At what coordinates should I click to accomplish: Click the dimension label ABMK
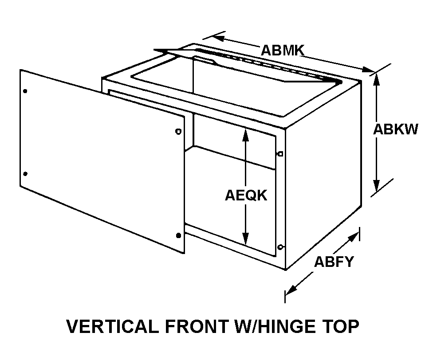click(282, 50)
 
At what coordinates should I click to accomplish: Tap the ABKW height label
click(395, 129)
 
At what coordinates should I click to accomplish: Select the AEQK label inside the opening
click(246, 195)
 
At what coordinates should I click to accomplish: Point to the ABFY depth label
click(334, 262)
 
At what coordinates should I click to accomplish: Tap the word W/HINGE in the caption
click(275, 327)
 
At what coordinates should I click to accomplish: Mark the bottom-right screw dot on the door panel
click(178, 235)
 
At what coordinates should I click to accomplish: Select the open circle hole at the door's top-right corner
click(178, 131)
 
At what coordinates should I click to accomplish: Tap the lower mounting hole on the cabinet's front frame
click(280, 247)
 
